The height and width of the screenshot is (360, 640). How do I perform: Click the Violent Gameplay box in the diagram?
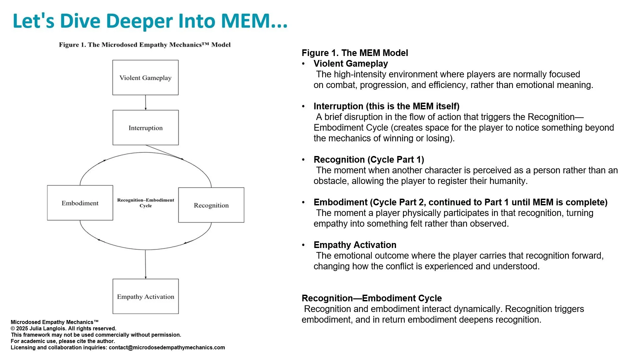pos(145,78)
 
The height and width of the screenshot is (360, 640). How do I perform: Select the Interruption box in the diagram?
pos(146,128)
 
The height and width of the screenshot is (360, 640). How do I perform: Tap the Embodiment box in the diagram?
pos(80,203)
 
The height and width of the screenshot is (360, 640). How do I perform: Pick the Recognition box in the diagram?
pos(211,205)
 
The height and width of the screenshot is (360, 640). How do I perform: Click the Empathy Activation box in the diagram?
pos(146,296)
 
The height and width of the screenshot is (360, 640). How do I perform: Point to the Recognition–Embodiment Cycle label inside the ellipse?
pos(146,203)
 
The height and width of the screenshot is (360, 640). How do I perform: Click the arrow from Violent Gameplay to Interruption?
pos(146,103)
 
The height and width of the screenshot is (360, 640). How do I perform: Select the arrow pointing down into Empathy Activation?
pos(145,264)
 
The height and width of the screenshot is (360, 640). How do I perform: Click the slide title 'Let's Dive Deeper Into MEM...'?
pos(150,21)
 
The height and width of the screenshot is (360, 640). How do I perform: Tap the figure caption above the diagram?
pos(145,45)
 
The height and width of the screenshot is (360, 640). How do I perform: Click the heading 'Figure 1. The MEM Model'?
pos(355,53)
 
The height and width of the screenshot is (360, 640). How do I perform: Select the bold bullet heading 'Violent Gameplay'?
pos(351,64)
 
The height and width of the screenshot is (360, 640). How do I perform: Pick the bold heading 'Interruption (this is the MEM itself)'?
pos(386,106)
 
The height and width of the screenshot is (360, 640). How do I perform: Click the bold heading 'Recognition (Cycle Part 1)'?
pos(369,160)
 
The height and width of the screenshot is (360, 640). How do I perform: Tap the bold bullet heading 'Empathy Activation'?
pos(355,245)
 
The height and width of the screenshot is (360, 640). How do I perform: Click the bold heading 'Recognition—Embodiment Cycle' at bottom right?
pos(372,298)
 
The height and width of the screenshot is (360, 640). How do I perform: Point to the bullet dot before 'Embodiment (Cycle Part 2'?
pos(303,202)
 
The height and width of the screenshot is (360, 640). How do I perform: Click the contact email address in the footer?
pos(167,347)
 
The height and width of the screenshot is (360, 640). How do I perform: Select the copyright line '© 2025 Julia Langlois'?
pos(63,328)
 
